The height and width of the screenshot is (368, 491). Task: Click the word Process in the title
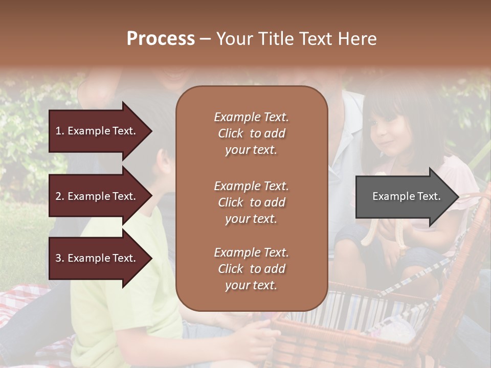161,39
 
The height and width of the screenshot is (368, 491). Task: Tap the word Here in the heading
358,39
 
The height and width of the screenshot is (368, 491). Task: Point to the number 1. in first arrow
60,131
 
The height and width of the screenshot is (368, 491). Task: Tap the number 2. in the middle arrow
60,197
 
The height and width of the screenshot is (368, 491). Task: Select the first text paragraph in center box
251,133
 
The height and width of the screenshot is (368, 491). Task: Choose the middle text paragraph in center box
251,202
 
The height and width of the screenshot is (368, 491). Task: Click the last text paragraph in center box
251,269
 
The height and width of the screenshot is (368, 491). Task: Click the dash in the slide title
206,39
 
